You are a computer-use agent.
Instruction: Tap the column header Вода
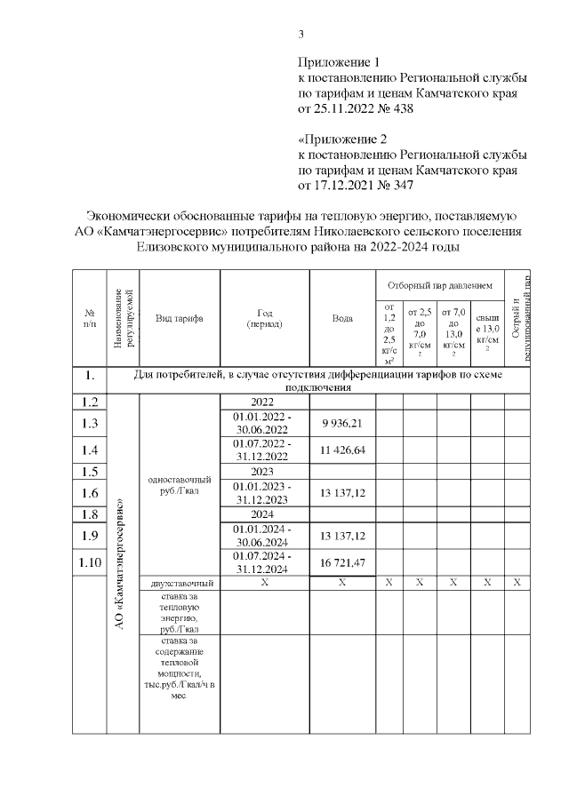point(342,318)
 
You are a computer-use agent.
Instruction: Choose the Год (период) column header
point(264,318)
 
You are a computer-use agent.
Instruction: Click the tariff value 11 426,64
point(342,450)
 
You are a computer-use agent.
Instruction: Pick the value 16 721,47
point(342,563)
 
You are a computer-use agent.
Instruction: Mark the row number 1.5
point(89,471)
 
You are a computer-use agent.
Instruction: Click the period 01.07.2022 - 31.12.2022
point(264,450)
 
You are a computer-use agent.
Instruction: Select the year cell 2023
point(264,471)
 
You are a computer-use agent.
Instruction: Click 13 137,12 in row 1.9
point(342,536)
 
